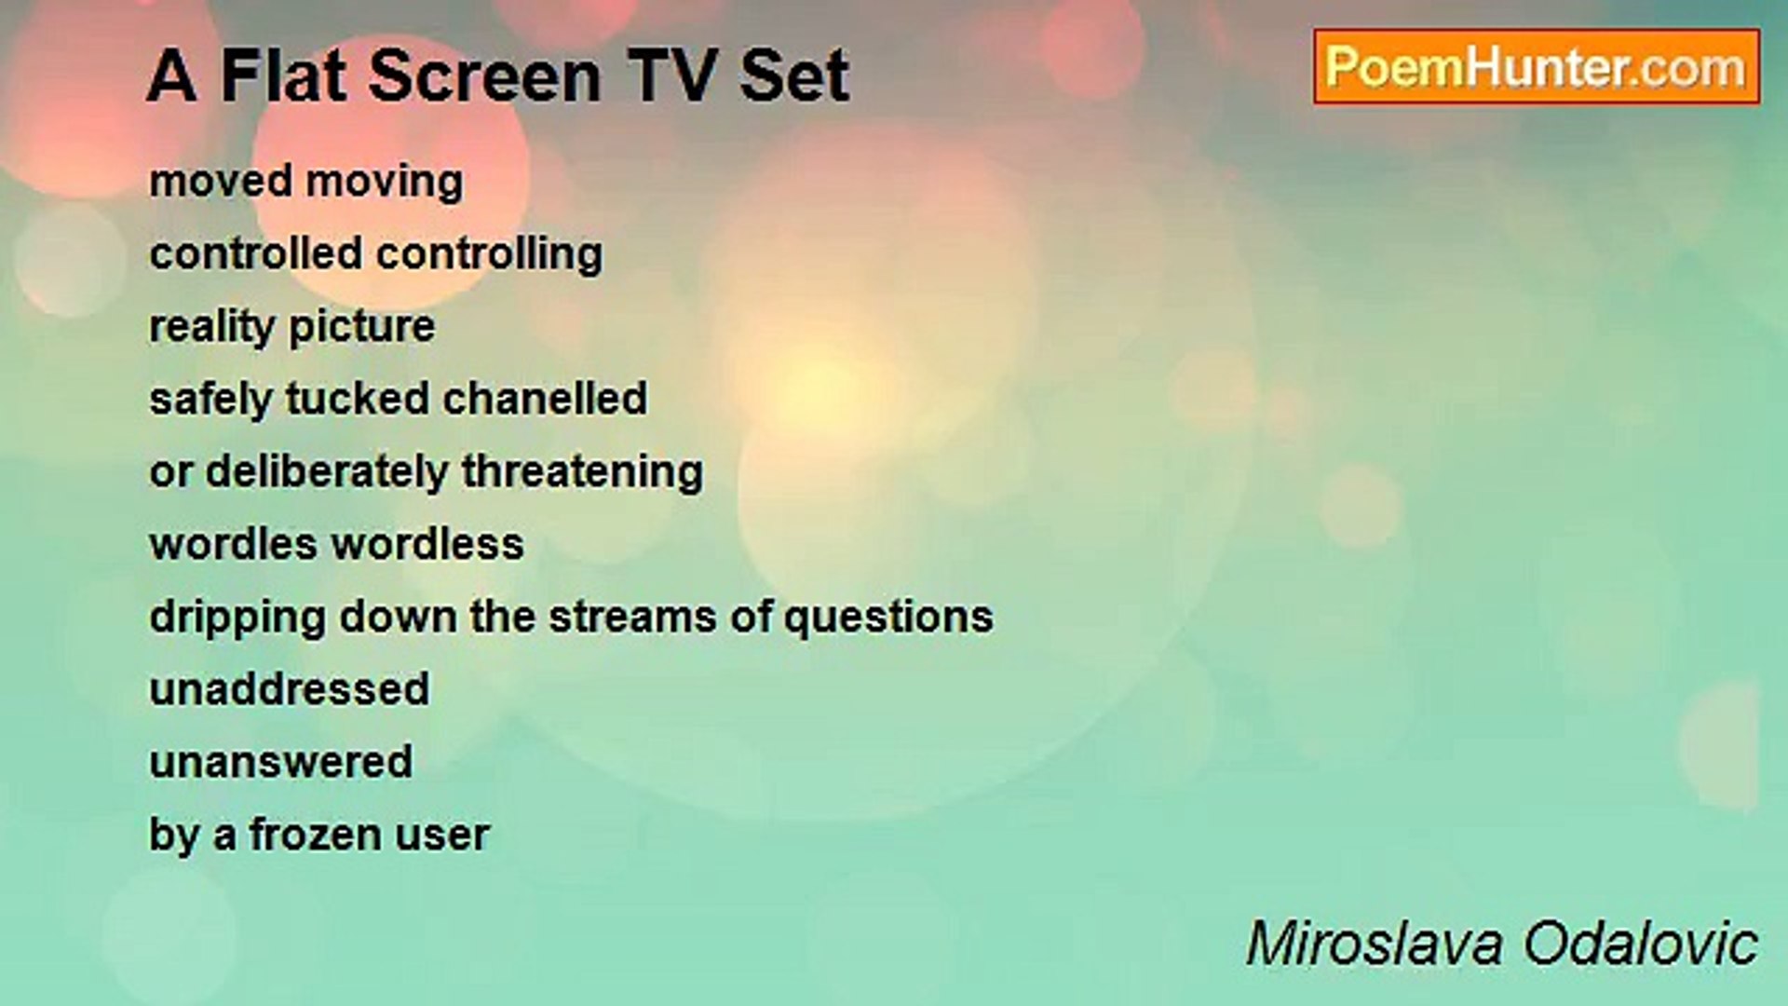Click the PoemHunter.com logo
coord(1536,67)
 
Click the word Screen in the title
coord(484,76)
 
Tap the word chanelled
coord(544,399)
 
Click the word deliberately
coord(326,472)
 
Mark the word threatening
coord(582,472)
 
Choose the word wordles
coord(233,545)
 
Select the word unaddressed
coord(290,690)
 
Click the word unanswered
coord(280,763)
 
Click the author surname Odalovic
coord(1640,944)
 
